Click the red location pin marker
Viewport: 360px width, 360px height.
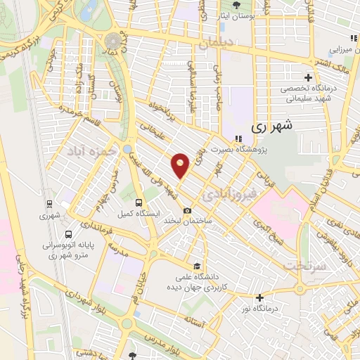point(181,165)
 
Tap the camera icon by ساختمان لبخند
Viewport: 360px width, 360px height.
point(188,210)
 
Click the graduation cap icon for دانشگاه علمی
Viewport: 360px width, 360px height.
point(198,266)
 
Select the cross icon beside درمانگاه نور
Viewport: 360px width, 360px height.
point(260,297)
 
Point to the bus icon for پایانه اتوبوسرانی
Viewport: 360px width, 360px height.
point(68,236)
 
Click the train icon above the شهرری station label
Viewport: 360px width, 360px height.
point(48,205)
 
